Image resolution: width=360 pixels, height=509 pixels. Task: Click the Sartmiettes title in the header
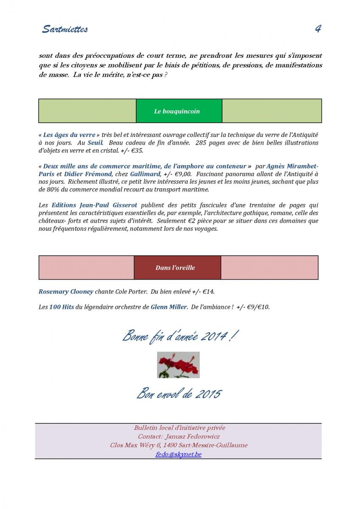pos(65,29)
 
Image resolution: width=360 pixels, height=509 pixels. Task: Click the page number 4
pos(318,29)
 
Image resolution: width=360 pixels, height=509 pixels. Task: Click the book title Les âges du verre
pos(69,135)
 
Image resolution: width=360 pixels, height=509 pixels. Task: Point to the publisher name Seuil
pos(95,143)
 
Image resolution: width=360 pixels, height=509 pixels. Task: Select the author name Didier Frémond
pos(88,174)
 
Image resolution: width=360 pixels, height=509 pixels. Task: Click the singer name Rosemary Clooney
pos(66,292)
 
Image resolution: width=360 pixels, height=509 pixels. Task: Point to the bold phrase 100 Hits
pos(62,307)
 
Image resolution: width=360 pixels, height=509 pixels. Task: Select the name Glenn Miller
pos(169,307)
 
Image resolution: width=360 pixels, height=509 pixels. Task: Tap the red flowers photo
pos(178,365)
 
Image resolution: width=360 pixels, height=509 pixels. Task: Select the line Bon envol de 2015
pos(179,394)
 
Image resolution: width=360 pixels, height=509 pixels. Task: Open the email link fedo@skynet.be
pos(178,454)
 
